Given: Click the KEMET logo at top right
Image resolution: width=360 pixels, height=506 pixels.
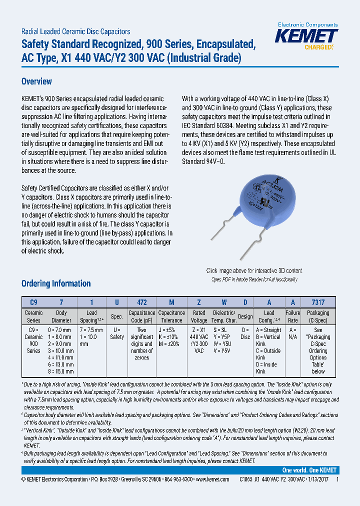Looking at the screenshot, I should (x=307, y=36).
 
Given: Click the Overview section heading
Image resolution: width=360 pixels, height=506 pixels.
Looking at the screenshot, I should (x=36, y=81).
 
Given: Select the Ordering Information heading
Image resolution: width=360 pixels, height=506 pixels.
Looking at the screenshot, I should (x=56, y=283).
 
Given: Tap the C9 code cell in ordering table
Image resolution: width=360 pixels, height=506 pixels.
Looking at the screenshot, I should (x=33, y=302).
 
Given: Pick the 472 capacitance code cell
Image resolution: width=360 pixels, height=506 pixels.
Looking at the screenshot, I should (x=142, y=302).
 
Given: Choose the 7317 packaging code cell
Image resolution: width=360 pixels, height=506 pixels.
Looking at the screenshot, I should (x=318, y=302).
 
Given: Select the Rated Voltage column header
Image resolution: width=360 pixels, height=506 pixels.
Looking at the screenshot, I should (x=199, y=316).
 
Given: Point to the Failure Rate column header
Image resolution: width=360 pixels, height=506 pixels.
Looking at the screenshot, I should (x=293, y=316).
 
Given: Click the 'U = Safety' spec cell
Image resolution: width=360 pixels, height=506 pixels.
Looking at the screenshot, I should (x=116, y=333).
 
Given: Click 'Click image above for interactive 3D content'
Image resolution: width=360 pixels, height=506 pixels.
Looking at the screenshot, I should (x=254, y=271).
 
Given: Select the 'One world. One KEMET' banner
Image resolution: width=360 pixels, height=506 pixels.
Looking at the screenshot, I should (x=309, y=470).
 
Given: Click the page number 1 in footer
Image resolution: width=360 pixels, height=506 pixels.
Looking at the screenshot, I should (x=337, y=479).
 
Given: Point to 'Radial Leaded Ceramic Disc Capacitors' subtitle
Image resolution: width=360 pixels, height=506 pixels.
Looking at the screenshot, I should (x=76, y=31).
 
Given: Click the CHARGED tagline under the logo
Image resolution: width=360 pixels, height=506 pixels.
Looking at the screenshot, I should (x=318, y=47).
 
